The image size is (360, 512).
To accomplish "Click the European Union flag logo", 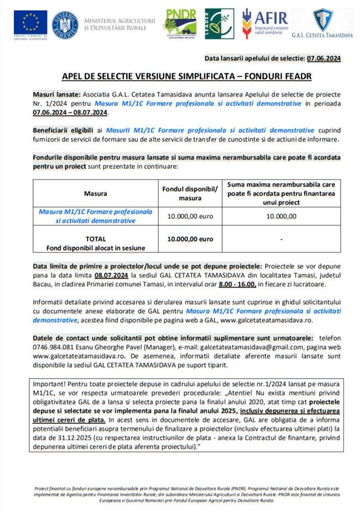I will [31, 23].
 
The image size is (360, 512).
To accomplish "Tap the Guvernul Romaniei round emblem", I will [65, 24].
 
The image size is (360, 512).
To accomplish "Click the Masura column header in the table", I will [95, 194].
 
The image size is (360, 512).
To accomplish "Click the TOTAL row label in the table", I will [95, 239].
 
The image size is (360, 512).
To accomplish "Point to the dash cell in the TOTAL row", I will [281, 239].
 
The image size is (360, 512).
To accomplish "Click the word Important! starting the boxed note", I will [49, 385].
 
